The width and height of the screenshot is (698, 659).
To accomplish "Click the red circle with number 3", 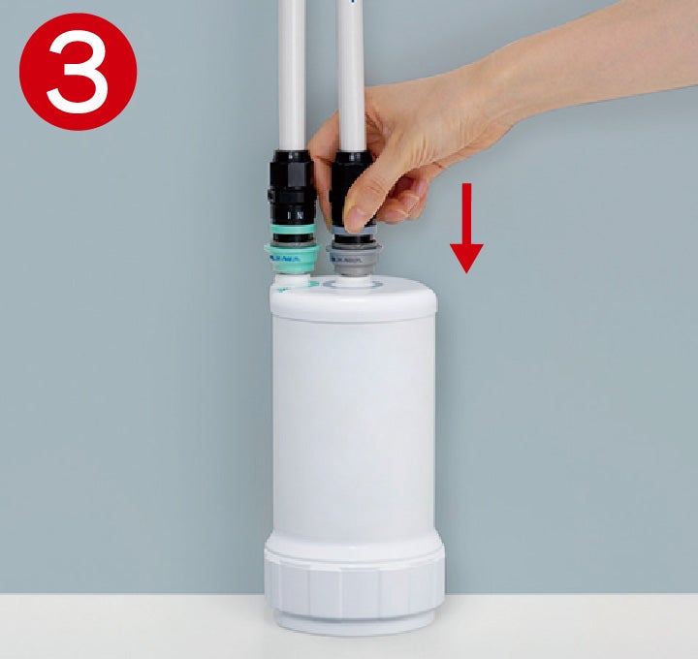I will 78,71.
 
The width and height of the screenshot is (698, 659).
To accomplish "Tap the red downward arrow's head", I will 466,257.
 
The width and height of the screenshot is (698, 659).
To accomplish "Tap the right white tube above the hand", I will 351,58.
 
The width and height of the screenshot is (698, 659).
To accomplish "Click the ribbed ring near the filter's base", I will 354,581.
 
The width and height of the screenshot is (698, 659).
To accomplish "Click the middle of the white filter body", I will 354,426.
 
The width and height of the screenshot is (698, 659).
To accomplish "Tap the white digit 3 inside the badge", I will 78,71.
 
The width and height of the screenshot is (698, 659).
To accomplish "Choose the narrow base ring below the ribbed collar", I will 354,621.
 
